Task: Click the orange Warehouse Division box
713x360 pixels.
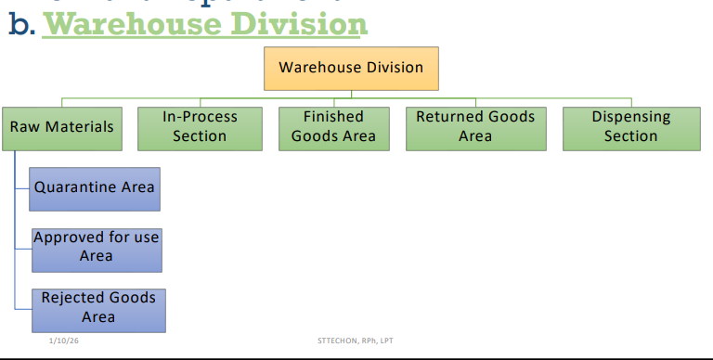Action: [x=351, y=68]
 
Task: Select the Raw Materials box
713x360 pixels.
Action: [x=61, y=126]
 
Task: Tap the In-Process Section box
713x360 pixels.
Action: [x=200, y=127]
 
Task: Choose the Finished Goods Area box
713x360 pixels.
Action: [x=333, y=127]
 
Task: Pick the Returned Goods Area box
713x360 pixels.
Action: [x=475, y=127]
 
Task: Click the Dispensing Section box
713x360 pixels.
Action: [x=631, y=127]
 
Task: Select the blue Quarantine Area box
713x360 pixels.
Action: [x=95, y=188]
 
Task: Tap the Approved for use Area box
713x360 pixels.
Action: [x=97, y=247]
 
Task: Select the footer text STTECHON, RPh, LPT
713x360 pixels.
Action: [x=356, y=341]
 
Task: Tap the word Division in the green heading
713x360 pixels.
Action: [x=296, y=22]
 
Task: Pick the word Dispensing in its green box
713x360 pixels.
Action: [x=631, y=118]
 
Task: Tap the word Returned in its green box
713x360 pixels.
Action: [x=447, y=118]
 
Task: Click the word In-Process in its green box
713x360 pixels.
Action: [x=200, y=118]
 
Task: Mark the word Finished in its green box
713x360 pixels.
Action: [x=333, y=118]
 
